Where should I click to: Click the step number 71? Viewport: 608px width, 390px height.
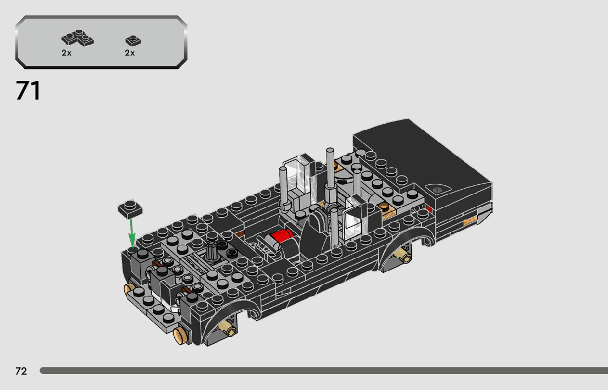click(x=28, y=91)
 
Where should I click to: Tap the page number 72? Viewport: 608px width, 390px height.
click(x=21, y=371)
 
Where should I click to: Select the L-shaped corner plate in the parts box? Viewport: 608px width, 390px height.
click(x=78, y=38)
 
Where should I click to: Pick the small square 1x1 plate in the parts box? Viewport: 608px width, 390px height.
click(x=133, y=41)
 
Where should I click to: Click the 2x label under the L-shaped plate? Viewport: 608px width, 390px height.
click(x=67, y=53)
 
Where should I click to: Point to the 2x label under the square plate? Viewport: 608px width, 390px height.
click(x=130, y=53)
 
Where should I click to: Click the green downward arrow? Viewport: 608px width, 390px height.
click(x=132, y=233)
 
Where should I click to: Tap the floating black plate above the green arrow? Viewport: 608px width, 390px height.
click(x=130, y=209)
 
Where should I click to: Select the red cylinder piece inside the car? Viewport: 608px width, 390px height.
click(x=282, y=236)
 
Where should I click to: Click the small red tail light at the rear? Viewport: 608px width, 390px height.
click(x=429, y=209)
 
